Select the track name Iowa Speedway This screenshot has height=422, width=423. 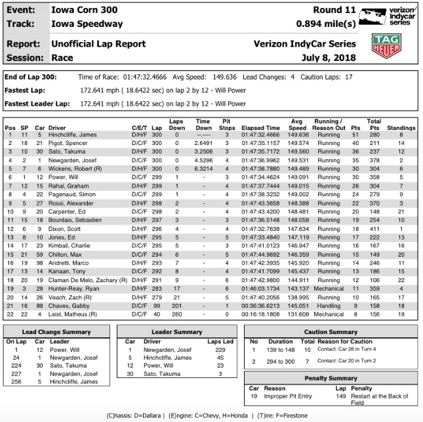[87, 24]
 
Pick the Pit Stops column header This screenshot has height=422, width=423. [226, 125]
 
